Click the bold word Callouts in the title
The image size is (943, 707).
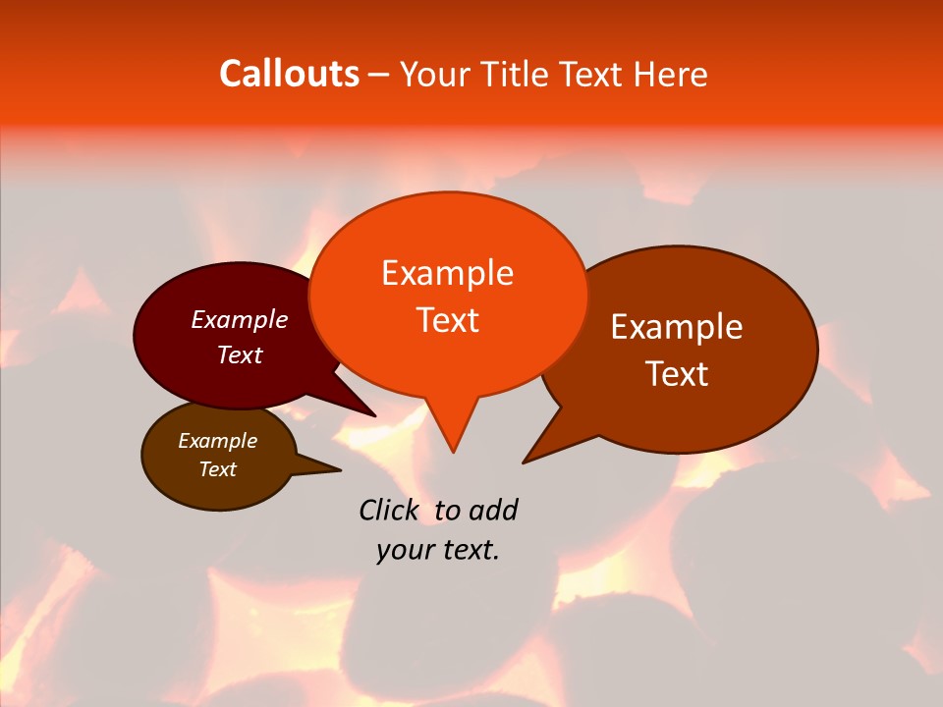click(289, 74)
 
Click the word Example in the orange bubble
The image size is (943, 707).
click(447, 273)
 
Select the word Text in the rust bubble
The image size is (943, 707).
click(677, 374)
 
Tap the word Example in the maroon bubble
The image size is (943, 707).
click(240, 320)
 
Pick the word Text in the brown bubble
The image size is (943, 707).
click(218, 469)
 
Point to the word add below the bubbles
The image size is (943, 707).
click(492, 510)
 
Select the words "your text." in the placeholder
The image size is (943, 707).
click(438, 550)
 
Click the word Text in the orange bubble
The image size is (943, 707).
click(447, 320)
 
